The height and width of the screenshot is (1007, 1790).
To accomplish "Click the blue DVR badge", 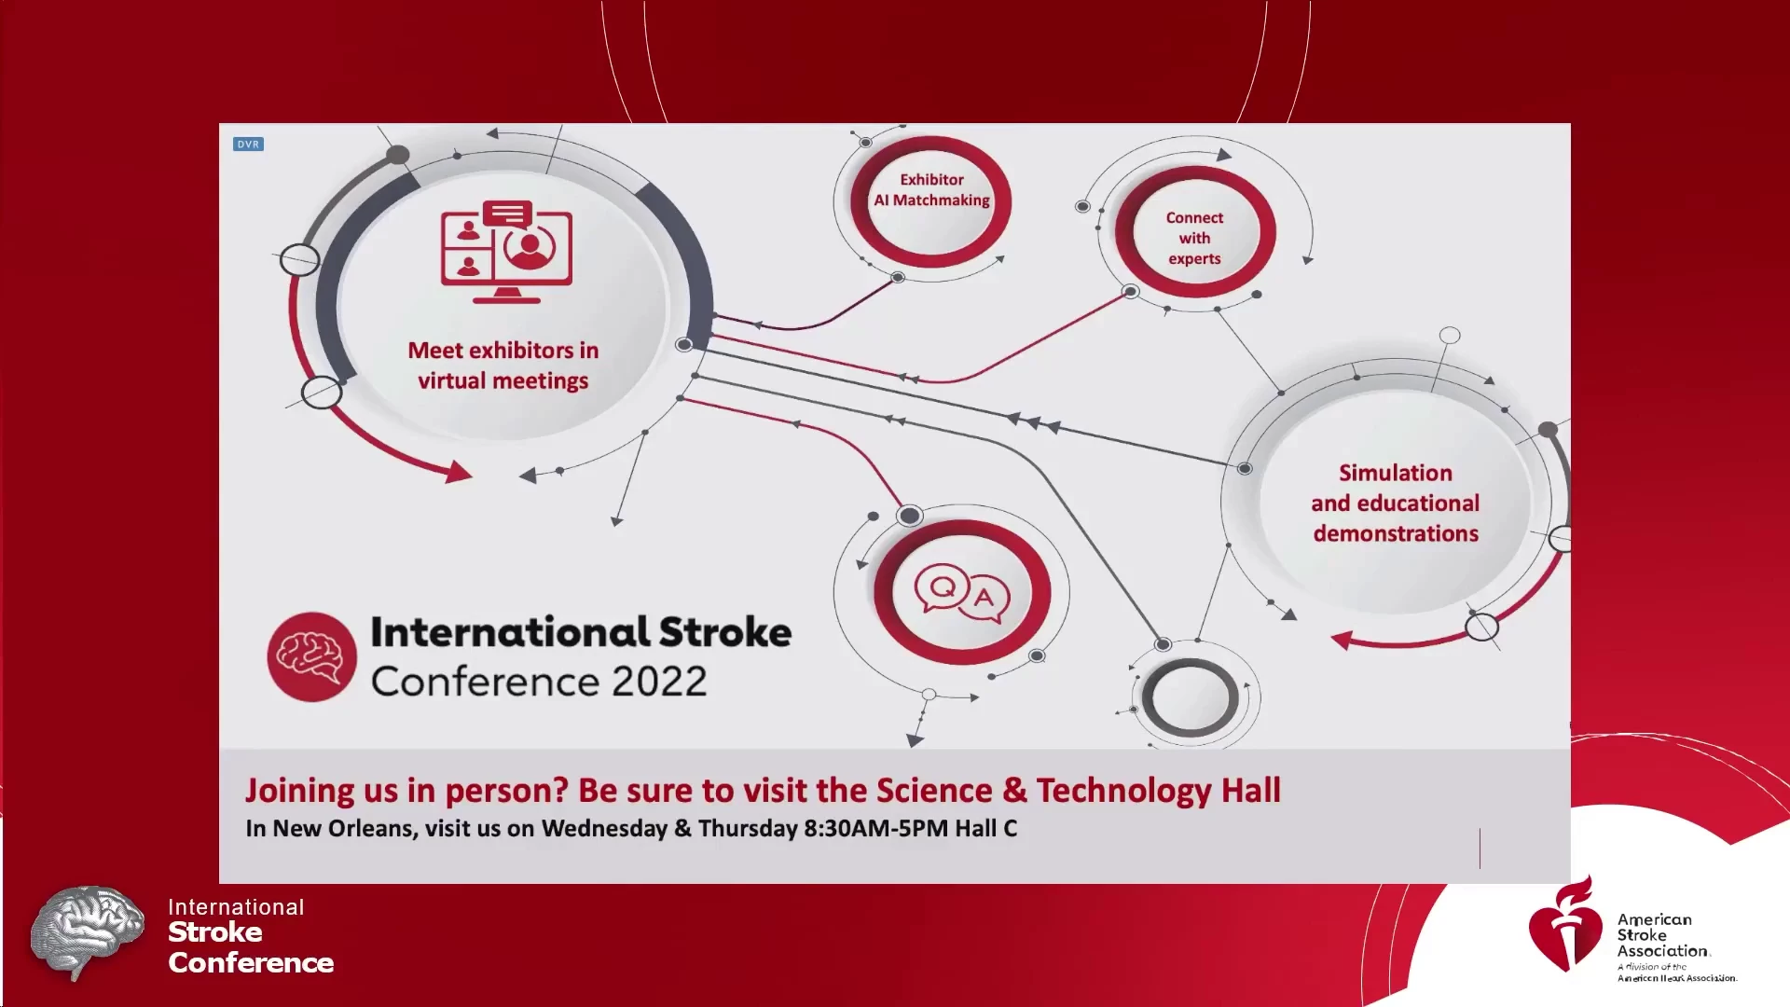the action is (x=248, y=145).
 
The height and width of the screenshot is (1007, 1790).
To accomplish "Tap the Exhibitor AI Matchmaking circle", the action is (x=931, y=201).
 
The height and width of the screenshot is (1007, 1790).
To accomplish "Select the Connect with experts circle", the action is (x=1194, y=232).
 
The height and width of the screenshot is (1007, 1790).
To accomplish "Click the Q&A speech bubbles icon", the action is (x=962, y=594).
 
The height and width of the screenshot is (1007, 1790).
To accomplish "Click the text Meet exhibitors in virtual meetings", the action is (x=503, y=366).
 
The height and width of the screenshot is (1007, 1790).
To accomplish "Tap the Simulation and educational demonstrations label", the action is (x=1396, y=504).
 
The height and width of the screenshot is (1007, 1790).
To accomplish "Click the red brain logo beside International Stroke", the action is (x=311, y=656).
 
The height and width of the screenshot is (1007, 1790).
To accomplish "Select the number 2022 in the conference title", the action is (x=659, y=682).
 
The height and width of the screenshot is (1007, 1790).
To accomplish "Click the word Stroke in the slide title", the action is (x=725, y=632).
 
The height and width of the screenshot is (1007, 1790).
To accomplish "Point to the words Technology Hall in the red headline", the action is (x=1159, y=791).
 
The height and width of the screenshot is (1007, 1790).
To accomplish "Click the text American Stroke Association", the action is (x=1663, y=935).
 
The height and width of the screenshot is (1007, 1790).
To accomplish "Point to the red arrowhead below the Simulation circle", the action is (x=1342, y=640).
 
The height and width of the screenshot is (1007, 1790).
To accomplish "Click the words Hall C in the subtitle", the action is (x=985, y=828).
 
